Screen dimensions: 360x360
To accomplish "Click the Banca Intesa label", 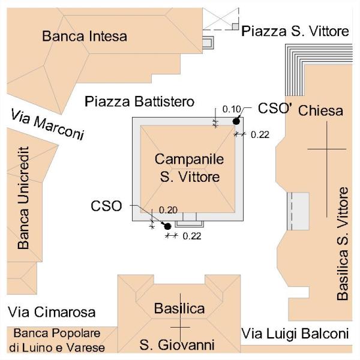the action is [x=85, y=36].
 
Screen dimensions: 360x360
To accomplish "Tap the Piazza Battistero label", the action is [x=140, y=102].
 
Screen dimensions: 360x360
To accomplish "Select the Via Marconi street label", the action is [x=47, y=124].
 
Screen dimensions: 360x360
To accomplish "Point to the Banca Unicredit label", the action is [x=23, y=198].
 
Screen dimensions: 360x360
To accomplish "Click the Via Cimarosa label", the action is [x=52, y=312].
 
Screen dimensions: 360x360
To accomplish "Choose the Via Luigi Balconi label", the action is [x=295, y=334].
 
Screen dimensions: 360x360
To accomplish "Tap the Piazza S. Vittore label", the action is [x=295, y=31].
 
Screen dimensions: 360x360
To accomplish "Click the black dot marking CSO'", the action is [x=236, y=121].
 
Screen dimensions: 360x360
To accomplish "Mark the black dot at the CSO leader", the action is [x=167, y=226].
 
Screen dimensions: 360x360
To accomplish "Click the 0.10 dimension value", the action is [x=232, y=109].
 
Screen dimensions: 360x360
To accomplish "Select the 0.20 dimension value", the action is [x=168, y=210].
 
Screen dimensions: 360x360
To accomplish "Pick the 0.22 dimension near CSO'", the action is [x=260, y=135].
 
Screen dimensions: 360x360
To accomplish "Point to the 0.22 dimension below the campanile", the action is [x=192, y=236].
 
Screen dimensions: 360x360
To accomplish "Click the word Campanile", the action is [x=189, y=160].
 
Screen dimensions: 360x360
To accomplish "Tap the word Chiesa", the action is [x=321, y=110].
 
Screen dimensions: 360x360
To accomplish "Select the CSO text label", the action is [x=106, y=206].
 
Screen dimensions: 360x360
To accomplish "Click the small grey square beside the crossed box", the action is [x=235, y=26].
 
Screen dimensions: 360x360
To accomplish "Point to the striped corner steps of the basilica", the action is [x=319, y=70].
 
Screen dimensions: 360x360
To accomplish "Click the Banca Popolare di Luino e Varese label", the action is [x=57, y=341].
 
